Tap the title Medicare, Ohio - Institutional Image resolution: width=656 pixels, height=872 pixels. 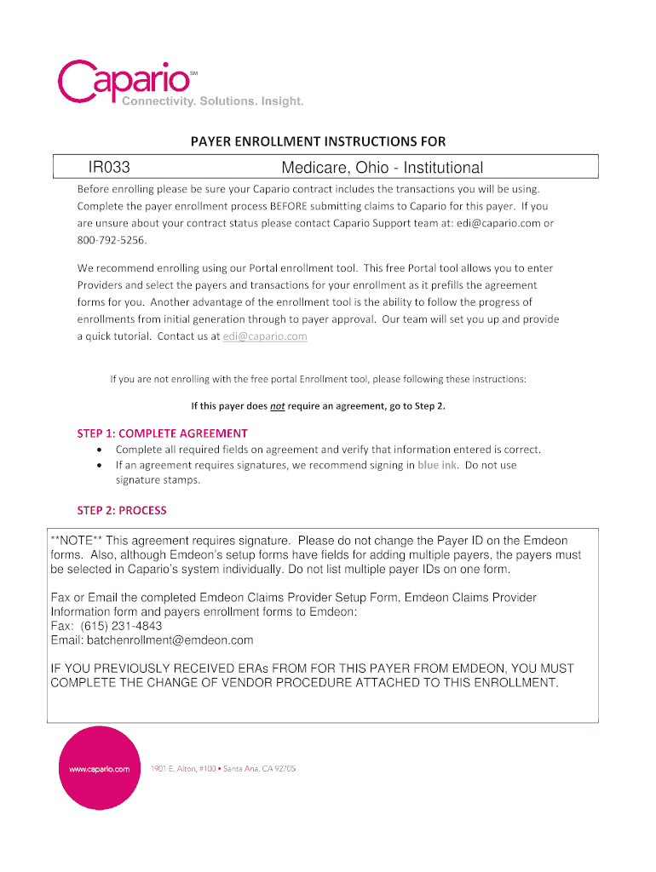[383, 169]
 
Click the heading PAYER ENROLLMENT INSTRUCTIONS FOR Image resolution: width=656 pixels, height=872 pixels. [317, 141]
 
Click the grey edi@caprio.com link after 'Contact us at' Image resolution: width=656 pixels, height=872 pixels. [265, 336]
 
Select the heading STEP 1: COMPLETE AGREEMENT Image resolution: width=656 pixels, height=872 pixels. [163, 433]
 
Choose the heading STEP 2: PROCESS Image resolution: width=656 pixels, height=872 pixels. [122, 510]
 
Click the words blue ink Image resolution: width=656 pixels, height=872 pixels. [437, 465]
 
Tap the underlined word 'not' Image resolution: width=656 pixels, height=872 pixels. [277, 406]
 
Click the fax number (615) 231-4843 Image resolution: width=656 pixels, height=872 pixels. [122, 626]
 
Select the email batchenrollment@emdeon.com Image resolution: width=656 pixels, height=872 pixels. [152, 640]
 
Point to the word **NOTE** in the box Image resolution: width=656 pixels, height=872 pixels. [77, 541]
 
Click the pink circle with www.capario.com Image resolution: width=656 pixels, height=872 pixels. [100, 768]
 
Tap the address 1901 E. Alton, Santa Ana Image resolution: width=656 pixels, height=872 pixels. [223, 768]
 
